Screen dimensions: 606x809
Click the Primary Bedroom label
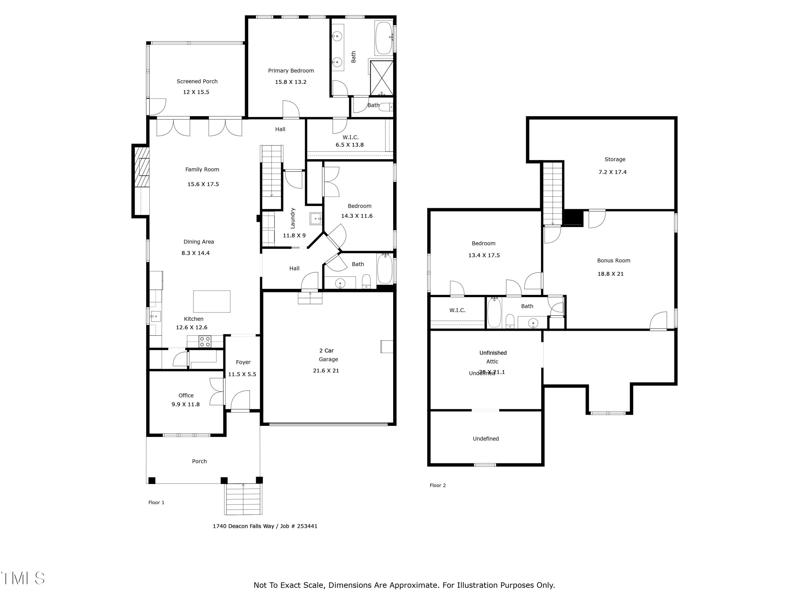[291, 71]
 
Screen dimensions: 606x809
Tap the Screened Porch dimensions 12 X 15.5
[196, 92]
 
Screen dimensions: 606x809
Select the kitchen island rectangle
[212, 301]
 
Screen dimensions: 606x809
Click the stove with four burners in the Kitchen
[205, 342]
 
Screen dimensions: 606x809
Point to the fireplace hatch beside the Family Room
[142, 167]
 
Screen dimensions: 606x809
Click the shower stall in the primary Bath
[382, 78]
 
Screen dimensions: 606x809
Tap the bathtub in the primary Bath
[384, 38]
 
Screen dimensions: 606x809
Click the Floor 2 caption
[437, 485]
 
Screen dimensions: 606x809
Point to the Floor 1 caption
[156, 503]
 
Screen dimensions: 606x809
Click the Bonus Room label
[613, 261]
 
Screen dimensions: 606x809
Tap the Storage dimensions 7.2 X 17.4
[612, 172]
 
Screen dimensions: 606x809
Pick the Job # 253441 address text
[265, 526]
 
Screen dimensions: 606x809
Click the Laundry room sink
[315, 218]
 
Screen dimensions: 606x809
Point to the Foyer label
[243, 362]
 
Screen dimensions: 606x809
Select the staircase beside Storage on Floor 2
[552, 194]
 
